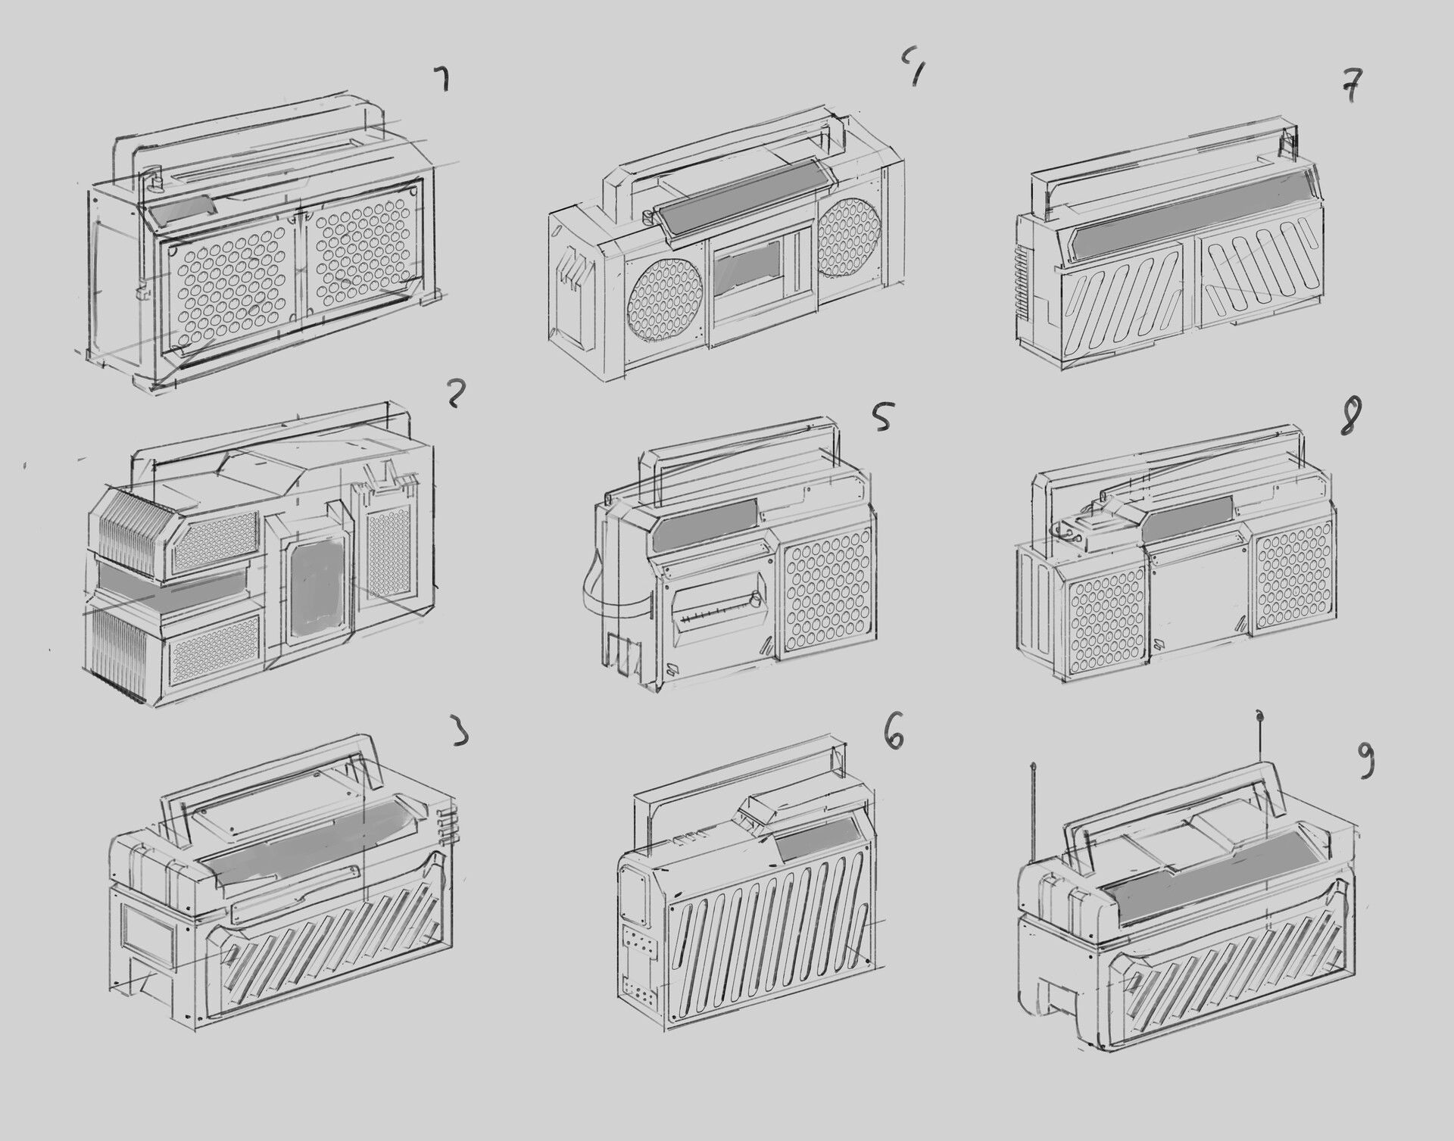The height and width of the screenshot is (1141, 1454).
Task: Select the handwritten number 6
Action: pyautogui.click(x=894, y=735)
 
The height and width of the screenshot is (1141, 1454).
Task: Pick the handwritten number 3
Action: pyautogui.click(x=460, y=731)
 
